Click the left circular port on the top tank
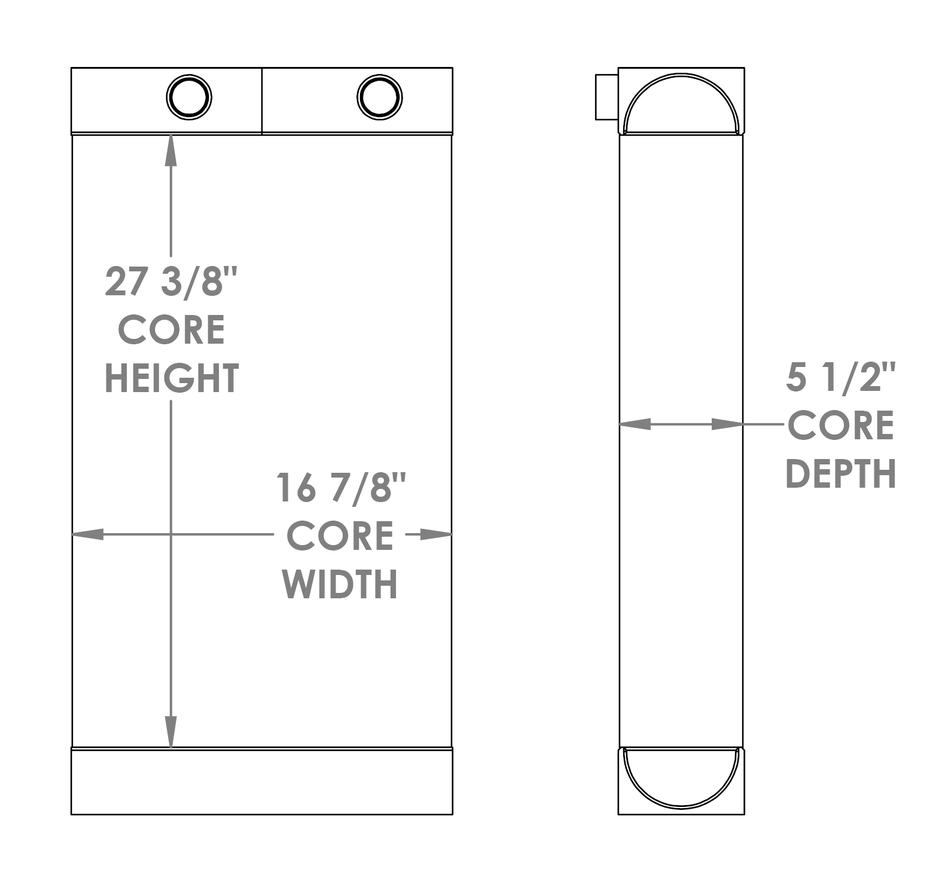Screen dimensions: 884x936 coord(189,97)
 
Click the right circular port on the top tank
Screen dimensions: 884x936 coord(379,97)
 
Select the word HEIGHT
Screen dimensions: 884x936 coord(172,378)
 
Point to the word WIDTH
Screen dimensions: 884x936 coord(340,584)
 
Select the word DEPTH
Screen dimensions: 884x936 coord(840,473)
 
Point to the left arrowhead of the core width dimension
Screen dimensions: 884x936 coord(87,534)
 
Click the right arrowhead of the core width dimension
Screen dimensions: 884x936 coord(436,534)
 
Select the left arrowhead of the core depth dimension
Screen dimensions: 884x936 coord(634,424)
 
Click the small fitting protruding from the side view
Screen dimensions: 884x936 coord(606,97)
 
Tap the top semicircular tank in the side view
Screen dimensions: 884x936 coord(681,105)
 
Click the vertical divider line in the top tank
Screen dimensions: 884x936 coord(262,100)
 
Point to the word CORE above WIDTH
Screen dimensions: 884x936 coord(340,536)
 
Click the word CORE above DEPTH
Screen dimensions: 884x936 coord(840,426)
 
